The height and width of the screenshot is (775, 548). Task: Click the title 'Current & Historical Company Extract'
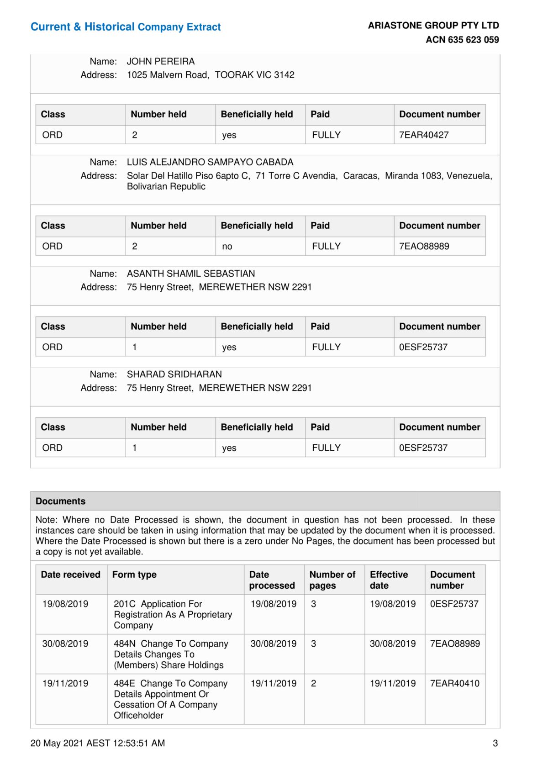126,27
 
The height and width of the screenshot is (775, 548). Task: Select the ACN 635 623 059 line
462,40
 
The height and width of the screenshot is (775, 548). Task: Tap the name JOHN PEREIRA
161,61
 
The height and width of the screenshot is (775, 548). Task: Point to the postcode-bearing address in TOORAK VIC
211,75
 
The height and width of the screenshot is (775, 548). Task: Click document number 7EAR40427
424,135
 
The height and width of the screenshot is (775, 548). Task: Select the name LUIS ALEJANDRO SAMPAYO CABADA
210,162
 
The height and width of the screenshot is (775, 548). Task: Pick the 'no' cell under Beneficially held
227,247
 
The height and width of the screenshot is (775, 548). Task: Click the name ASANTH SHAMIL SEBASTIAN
191,274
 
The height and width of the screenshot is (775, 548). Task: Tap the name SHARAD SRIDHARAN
174,374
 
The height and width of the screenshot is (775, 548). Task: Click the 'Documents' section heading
61,501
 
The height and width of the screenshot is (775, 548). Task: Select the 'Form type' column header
134,575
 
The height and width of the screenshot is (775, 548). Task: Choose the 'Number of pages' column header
332,580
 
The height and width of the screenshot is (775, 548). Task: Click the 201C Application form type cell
173,614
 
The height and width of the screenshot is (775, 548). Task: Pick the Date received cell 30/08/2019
65,644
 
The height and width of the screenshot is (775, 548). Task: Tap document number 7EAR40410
455,684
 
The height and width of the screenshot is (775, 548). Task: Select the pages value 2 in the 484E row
314,684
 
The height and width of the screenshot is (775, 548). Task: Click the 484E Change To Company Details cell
170,699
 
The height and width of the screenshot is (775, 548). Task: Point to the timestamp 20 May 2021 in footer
98,743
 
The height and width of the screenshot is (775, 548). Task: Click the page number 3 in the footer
495,743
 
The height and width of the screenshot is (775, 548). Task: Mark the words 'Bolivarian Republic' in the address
166,186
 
